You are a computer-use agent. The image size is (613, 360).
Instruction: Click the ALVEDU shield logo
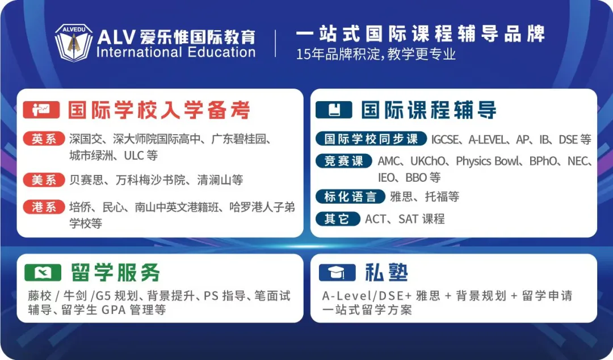(73, 43)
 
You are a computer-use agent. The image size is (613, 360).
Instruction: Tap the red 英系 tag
(44, 139)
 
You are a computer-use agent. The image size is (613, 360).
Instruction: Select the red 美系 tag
(44, 180)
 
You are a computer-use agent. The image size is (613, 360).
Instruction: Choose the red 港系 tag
(44, 207)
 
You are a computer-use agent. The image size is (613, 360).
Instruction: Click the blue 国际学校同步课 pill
(371, 139)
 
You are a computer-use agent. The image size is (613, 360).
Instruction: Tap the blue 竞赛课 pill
(343, 161)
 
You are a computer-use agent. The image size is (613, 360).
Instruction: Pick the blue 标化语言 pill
(350, 196)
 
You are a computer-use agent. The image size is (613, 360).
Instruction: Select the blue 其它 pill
(338, 219)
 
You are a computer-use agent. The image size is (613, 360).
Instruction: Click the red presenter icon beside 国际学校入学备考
(41, 110)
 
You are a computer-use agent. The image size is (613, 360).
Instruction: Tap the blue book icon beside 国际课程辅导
(334, 110)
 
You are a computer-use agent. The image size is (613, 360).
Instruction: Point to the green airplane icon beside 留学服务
(43, 273)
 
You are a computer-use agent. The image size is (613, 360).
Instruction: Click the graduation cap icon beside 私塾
(337, 273)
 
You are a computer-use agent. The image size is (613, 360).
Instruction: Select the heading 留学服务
(115, 273)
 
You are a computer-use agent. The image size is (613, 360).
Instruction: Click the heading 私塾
(387, 273)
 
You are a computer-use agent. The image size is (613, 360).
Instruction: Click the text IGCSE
(445, 140)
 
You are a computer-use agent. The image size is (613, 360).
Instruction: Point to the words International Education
(176, 52)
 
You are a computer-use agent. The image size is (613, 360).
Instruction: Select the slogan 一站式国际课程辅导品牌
(420, 34)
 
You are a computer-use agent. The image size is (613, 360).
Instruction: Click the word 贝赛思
(86, 180)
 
